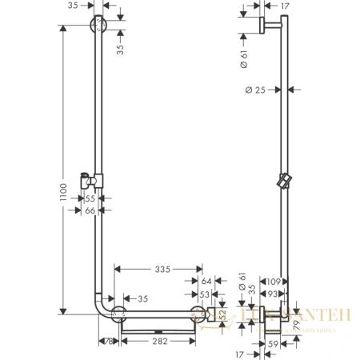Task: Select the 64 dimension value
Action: (206, 282)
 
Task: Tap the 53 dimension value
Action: (206, 295)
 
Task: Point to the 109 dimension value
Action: (274, 282)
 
